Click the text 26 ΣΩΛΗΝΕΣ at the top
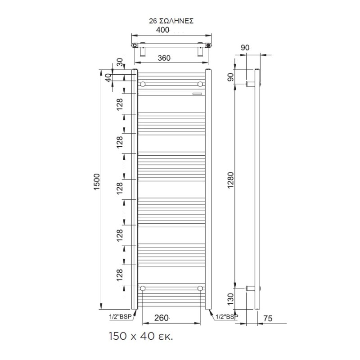pos(171,21)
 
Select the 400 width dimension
pos(163,30)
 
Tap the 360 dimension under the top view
pos(165,58)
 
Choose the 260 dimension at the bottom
pos(162,318)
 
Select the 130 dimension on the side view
pos(230,298)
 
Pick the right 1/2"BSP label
pos(227,316)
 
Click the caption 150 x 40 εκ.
pos(140,336)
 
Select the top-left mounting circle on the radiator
pos(143,84)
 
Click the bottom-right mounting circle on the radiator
pos(200,288)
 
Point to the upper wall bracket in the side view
pos(251,84)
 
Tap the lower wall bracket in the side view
pos(251,288)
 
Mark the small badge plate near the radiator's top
pos(196,94)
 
